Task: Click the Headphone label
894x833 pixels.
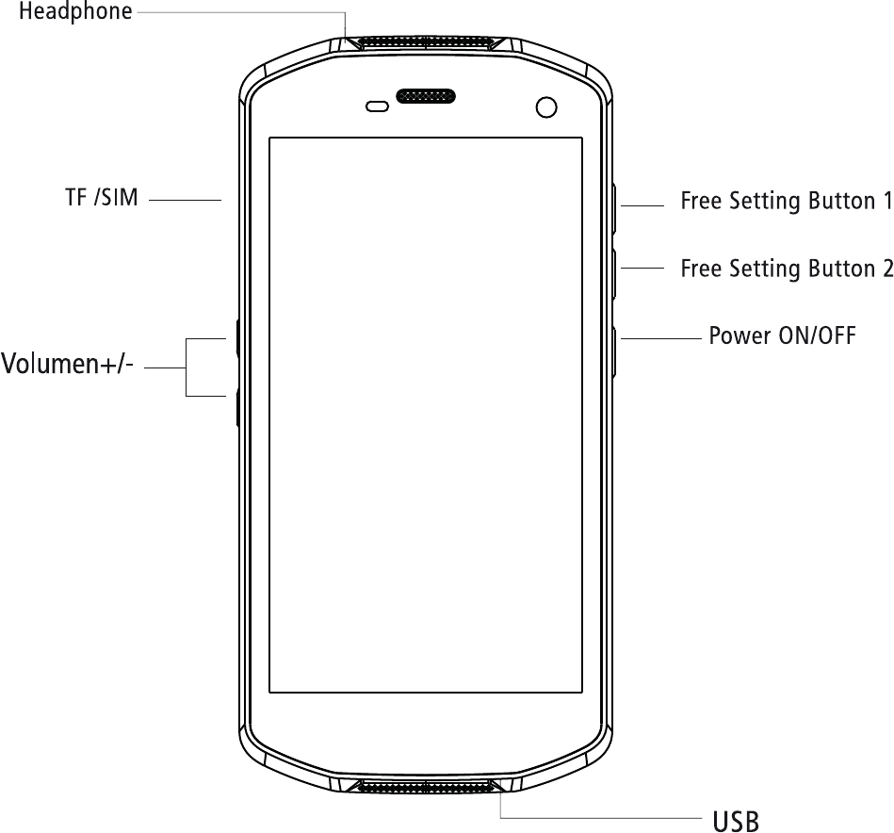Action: coord(75,12)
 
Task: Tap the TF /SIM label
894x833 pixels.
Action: coord(101,198)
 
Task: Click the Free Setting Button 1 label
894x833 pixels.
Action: coord(786,201)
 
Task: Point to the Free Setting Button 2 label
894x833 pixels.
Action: coord(786,269)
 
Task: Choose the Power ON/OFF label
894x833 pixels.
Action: coord(782,335)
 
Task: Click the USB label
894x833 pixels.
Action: coord(735,822)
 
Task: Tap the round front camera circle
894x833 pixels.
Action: coord(545,106)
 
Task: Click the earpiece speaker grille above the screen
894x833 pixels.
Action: coord(426,96)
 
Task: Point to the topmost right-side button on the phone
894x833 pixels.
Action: coord(614,208)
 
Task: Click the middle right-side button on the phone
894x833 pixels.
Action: coord(614,274)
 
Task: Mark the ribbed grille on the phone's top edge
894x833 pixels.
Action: coord(424,42)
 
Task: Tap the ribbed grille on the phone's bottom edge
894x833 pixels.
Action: coord(424,786)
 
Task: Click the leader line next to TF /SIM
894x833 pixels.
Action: coord(185,200)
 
